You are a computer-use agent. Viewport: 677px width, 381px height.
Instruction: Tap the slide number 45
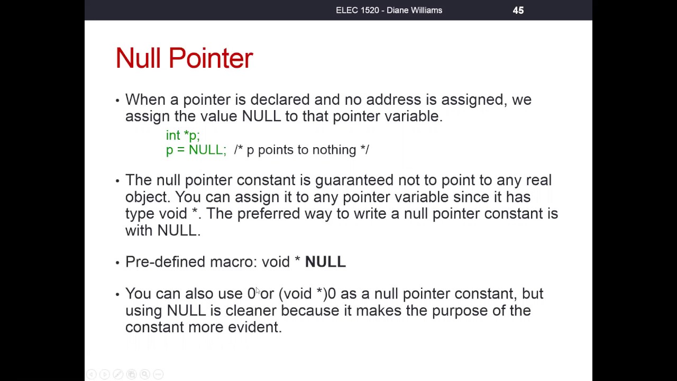coord(518,10)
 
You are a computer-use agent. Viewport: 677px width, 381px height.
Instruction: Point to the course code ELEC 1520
coord(358,10)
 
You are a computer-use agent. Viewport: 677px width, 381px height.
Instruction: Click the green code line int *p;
coord(182,135)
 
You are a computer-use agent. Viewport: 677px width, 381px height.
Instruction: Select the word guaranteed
coord(354,180)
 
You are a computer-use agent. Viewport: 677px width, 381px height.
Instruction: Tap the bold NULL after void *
coord(325,262)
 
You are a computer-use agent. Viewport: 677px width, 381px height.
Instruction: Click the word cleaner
coord(251,311)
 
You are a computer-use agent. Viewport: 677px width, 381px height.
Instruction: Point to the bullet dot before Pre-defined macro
coord(117,262)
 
